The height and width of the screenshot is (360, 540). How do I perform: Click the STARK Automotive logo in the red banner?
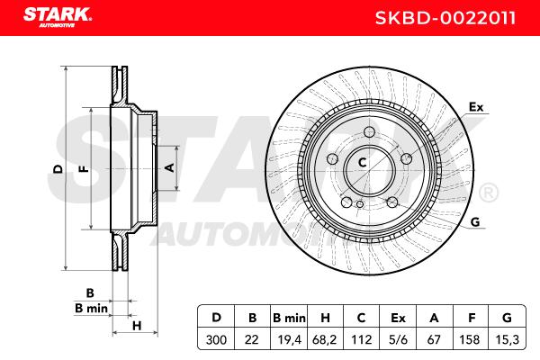(58, 17)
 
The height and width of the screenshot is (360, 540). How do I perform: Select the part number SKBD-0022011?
(445, 18)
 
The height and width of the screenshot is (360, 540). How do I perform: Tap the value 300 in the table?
(216, 340)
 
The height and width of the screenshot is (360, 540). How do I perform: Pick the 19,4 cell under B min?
(289, 340)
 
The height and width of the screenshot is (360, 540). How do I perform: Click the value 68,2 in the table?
(326, 340)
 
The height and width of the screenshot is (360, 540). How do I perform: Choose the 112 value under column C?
(362, 340)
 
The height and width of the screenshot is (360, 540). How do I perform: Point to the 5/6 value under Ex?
(398, 340)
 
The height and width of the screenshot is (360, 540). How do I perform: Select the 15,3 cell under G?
(508, 340)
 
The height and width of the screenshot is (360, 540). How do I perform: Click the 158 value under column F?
(470, 340)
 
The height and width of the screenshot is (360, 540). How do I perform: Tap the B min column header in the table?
(289, 318)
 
